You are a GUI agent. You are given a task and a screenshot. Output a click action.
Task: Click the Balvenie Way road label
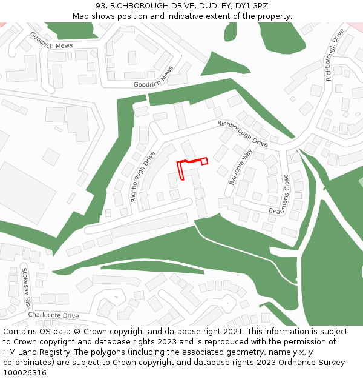[240, 167]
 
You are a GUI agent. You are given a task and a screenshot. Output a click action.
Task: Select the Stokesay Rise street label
[27, 287]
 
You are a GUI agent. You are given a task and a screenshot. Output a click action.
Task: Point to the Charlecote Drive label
[53, 315]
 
